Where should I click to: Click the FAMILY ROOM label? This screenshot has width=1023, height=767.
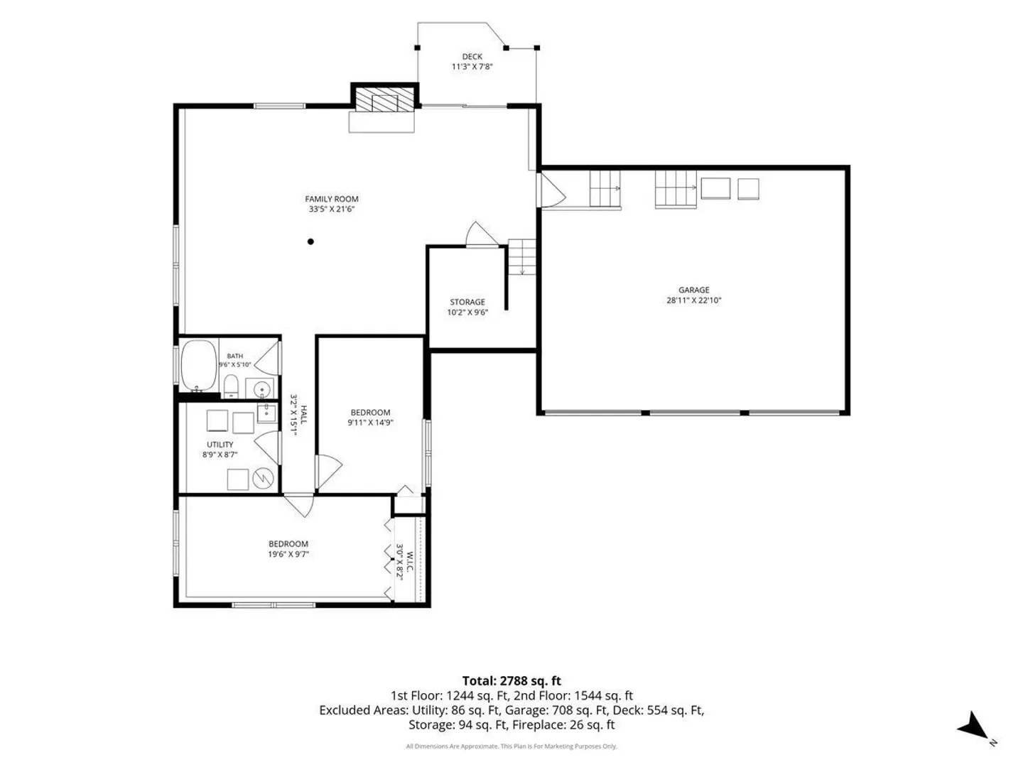[331, 199]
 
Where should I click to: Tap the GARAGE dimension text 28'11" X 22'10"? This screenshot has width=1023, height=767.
[693, 300]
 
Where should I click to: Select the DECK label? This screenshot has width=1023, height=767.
[472, 56]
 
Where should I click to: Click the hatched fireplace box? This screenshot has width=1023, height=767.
[384, 99]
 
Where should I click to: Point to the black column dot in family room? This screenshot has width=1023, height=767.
[310, 241]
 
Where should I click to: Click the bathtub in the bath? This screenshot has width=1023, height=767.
[199, 365]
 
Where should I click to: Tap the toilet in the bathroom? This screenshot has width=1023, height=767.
[231, 386]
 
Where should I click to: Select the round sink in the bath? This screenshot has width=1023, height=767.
[262, 388]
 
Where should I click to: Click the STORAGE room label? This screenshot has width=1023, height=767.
[467, 302]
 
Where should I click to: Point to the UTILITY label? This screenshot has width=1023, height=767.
[220, 445]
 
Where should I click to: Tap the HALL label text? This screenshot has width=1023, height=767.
[303, 415]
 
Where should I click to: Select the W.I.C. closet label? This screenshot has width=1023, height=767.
[410, 562]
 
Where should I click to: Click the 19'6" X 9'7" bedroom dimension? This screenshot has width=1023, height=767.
[288, 554]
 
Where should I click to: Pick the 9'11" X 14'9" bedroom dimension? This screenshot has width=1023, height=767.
[370, 423]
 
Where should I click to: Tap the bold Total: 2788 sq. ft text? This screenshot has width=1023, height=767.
[511, 681]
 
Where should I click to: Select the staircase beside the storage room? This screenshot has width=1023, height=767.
[521, 256]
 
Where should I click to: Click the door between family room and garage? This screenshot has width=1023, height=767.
[551, 190]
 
